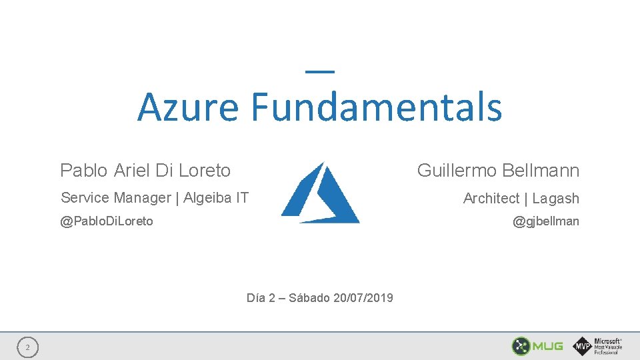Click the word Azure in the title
(x=187, y=107)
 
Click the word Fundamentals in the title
(x=377, y=107)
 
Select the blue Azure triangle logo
(x=321, y=193)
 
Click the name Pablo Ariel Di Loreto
(x=145, y=171)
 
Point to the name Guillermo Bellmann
(x=498, y=171)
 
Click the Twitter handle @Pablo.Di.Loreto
(x=107, y=221)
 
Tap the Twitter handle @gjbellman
(x=545, y=221)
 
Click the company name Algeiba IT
(x=216, y=198)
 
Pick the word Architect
(x=491, y=199)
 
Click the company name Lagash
(x=555, y=199)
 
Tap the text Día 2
(x=261, y=298)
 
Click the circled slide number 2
(x=27, y=347)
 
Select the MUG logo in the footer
(x=537, y=346)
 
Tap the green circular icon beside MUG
(x=521, y=346)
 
